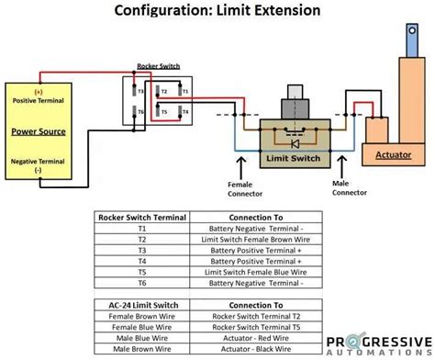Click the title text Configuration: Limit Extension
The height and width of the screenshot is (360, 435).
(x=217, y=11)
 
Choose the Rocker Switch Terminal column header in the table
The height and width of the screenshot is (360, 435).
(x=141, y=218)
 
